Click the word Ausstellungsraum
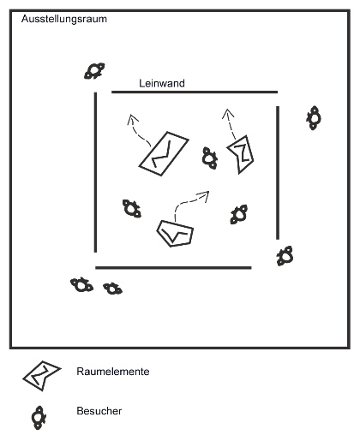pyautogui.click(x=64, y=19)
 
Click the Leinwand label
pyautogui.click(x=162, y=83)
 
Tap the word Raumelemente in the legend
pyautogui.click(x=113, y=372)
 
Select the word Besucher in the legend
pyautogui.click(x=99, y=411)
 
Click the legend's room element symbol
pyautogui.click(x=42, y=375)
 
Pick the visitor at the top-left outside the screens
pyautogui.click(x=94, y=71)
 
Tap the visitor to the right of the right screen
pyautogui.click(x=314, y=117)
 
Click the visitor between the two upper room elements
pyautogui.click(x=209, y=158)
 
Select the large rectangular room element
pyautogui.click(x=164, y=153)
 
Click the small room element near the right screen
pyautogui.click(x=241, y=154)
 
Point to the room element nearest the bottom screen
pyautogui.click(x=175, y=234)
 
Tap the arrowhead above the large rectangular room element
pyautogui.click(x=132, y=118)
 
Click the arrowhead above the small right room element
pyautogui.click(x=228, y=113)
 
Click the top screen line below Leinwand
pyautogui.click(x=195, y=92)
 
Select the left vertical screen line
pyautogui.click(x=95, y=172)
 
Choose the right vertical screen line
pyautogui.click(x=278, y=173)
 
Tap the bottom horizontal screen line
pyautogui.click(x=173, y=268)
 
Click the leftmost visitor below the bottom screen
pyautogui.click(x=81, y=284)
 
